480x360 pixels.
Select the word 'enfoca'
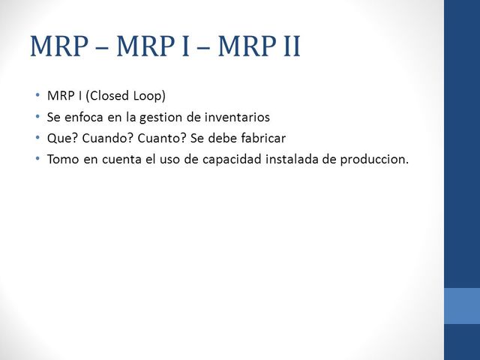(84, 117)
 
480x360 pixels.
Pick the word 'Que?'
(61, 138)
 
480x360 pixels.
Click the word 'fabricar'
(262, 138)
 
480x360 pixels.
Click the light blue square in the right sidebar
(462, 306)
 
